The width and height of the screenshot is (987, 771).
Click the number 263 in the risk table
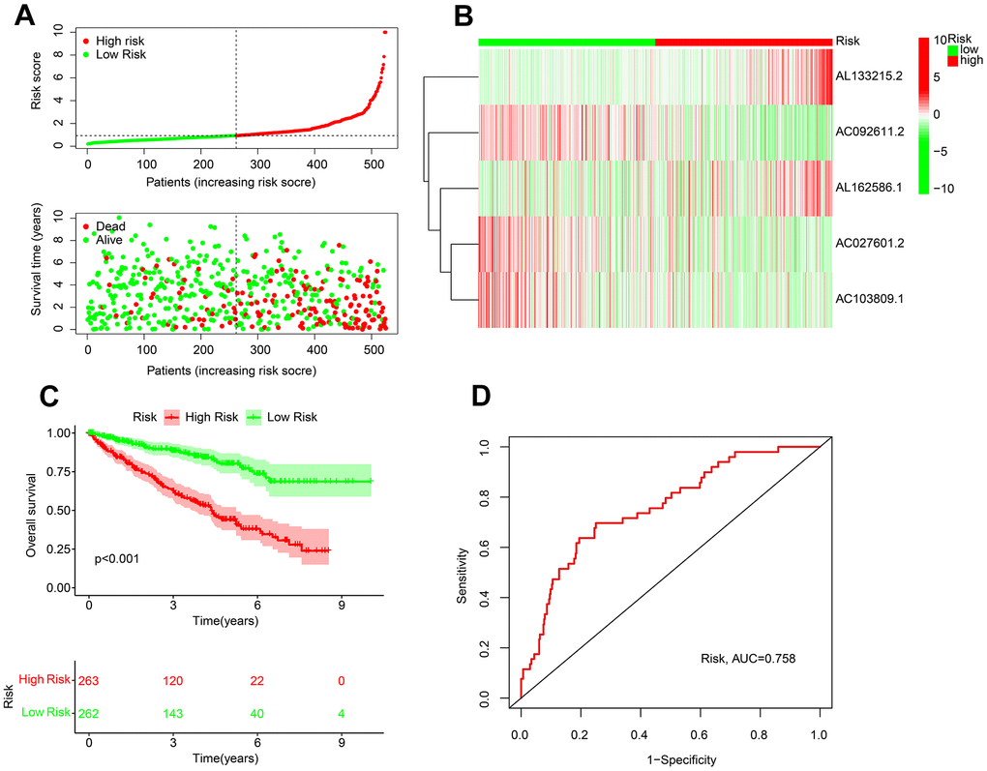click(89, 681)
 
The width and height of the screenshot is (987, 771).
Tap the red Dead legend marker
click(87, 226)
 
